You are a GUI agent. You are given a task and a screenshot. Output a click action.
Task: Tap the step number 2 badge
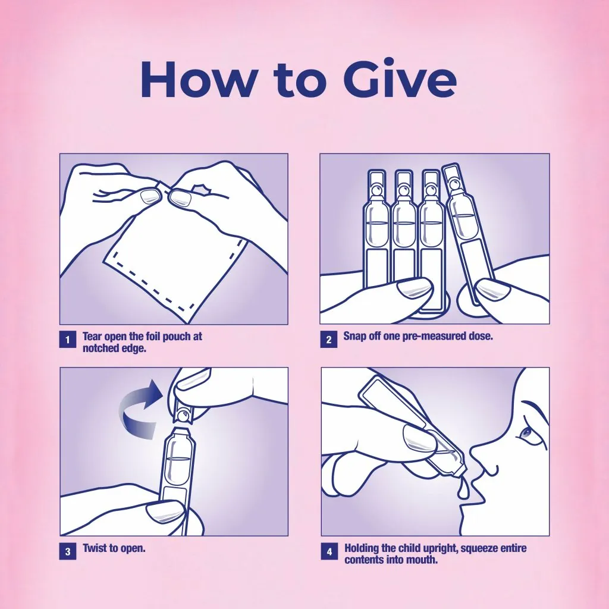[x=328, y=340]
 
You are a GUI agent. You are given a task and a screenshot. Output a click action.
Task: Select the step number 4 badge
[x=328, y=551]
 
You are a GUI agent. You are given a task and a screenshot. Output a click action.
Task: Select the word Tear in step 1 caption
[x=93, y=337]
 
